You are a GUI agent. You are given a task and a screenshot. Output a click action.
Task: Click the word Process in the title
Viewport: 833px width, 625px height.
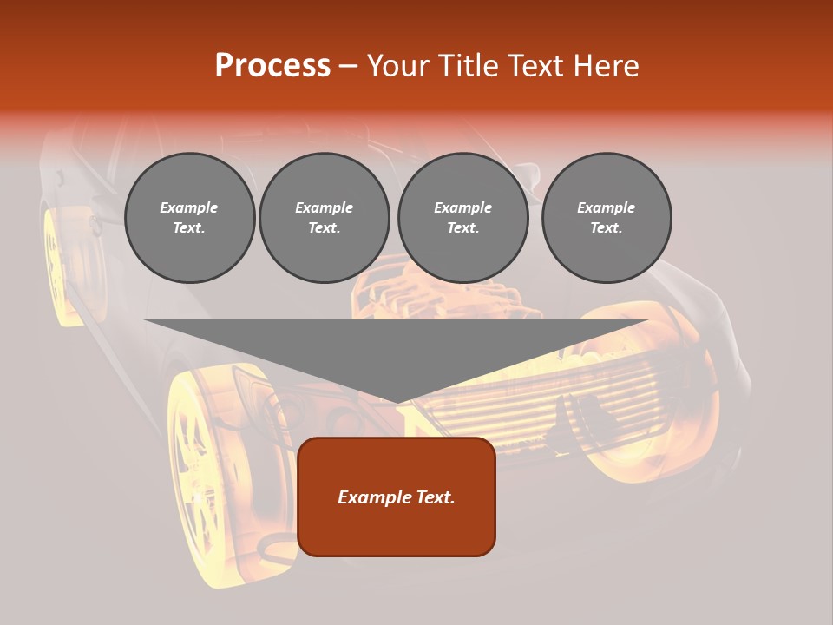(272, 66)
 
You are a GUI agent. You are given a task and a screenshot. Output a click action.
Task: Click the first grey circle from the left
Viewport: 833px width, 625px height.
(189, 218)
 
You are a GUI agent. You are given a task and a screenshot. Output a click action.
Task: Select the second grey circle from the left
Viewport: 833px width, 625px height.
(325, 218)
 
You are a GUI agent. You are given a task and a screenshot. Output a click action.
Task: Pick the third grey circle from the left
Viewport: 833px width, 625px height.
(462, 218)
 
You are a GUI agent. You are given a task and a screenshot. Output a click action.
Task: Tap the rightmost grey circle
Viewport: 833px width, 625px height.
(607, 218)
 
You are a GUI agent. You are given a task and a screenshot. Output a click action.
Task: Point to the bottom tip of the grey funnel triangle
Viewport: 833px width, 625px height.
(397, 402)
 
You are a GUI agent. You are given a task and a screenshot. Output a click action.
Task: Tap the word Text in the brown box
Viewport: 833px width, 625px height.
(436, 497)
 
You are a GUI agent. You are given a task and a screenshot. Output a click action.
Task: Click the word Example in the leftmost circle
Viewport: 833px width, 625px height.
(189, 207)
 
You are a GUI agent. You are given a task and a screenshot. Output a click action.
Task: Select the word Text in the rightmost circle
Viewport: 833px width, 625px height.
(606, 228)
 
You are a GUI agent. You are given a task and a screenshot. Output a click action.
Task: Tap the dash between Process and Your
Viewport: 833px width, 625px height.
(349, 66)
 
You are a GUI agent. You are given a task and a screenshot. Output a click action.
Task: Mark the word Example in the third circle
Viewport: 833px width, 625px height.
(462, 207)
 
